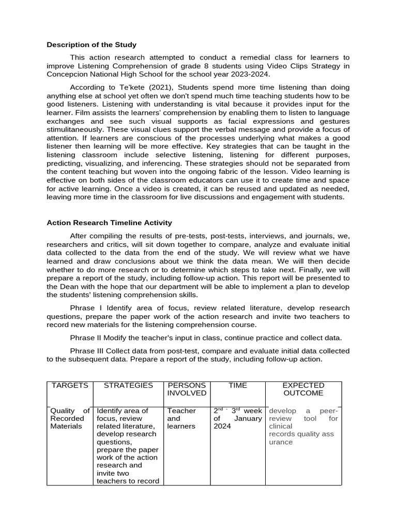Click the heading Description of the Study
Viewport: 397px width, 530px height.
click(x=91, y=45)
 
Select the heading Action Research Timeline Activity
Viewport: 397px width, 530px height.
click(x=109, y=223)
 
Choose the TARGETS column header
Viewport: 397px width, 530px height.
click(x=70, y=386)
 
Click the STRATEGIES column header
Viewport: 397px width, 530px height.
click(x=128, y=386)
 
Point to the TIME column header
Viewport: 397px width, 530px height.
click(x=238, y=386)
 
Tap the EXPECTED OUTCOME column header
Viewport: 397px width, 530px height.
click(x=303, y=389)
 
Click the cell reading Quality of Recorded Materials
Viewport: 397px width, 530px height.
click(x=70, y=418)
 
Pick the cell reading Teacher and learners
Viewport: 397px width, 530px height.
click(x=181, y=418)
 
